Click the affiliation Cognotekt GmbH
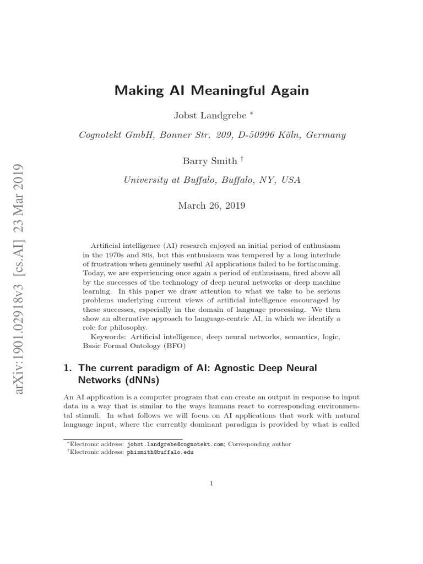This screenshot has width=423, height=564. coord(112,134)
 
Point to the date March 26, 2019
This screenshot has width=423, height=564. coord(211,205)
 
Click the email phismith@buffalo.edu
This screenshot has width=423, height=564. coord(160,453)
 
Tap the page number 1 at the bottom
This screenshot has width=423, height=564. coord(211,484)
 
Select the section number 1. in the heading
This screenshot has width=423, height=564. coord(68,367)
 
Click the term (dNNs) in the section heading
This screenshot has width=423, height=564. coord(126,380)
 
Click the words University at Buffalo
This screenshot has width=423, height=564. coord(166,179)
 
